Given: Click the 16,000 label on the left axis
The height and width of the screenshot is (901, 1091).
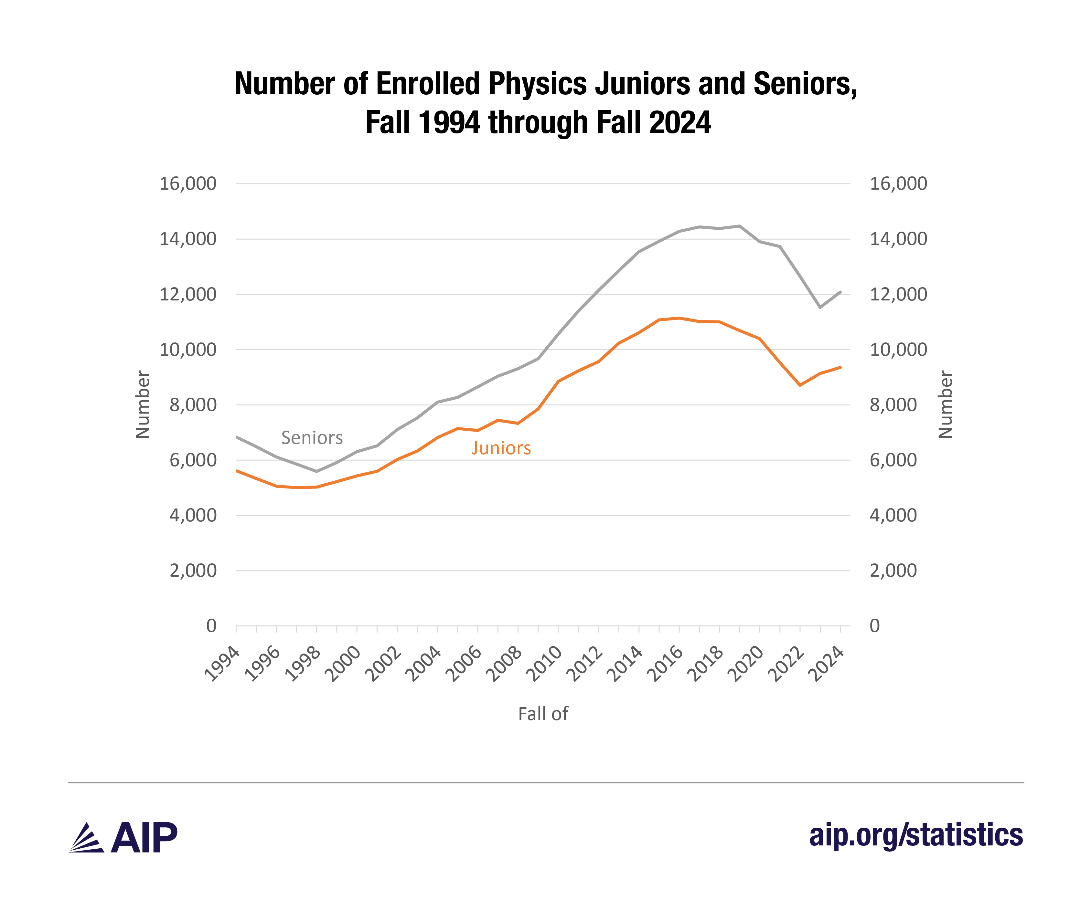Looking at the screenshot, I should click(187, 184).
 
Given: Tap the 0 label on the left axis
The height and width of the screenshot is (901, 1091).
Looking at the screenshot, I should click(211, 626).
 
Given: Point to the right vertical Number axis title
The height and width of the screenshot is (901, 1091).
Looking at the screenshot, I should click(946, 404).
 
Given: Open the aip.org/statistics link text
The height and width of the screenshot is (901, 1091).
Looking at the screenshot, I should click(916, 835).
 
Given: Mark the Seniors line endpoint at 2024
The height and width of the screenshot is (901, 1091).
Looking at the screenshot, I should click(840, 292).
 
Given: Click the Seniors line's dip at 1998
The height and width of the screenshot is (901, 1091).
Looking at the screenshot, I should click(317, 471).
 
